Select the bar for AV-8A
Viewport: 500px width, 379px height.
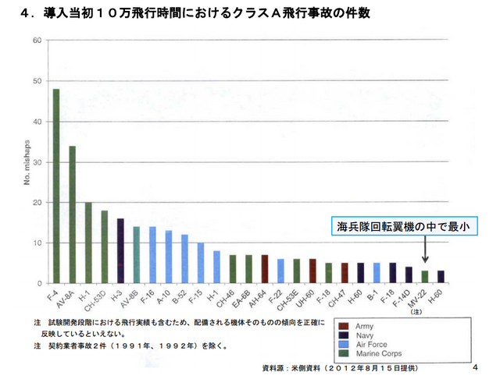(x=72, y=214)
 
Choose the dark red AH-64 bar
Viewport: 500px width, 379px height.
(x=265, y=268)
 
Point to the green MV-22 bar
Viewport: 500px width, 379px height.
(x=425, y=276)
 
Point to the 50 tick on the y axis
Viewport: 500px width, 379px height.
(x=37, y=80)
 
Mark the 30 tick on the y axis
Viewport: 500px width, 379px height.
(x=37, y=161)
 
